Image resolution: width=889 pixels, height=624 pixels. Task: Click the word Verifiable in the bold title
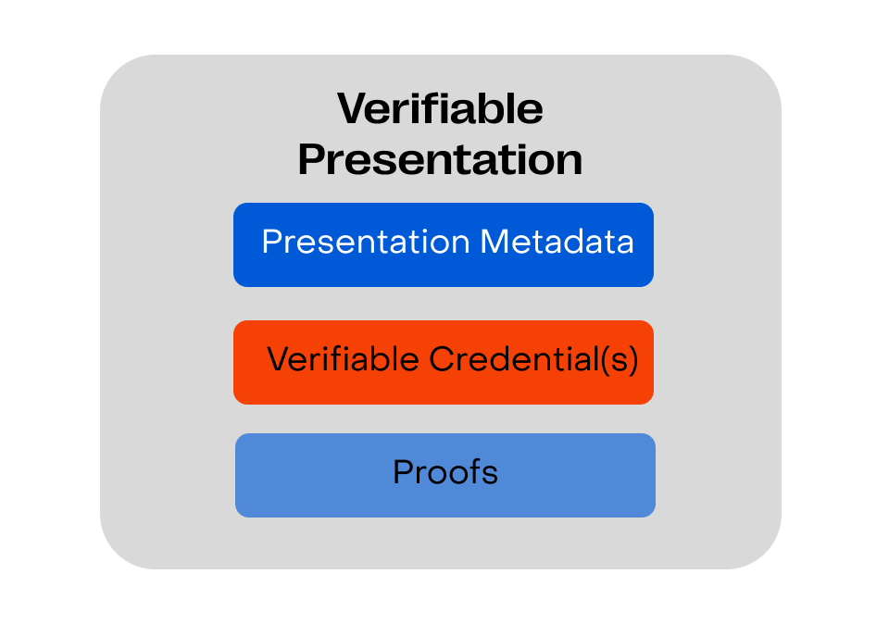[440, 108]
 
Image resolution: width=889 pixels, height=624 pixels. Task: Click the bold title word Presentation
[440, 159]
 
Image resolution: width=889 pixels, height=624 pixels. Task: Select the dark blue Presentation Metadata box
[444, 244]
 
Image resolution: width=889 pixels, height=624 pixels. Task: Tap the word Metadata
[557, 242]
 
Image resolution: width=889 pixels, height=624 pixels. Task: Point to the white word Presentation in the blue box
[367, 242]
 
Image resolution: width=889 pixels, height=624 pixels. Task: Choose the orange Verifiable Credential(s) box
[444, 362]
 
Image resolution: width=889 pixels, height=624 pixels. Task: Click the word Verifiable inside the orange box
[343, 359]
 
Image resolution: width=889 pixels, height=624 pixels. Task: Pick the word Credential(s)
[533, 359]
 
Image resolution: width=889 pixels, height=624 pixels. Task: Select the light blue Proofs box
[445, 475]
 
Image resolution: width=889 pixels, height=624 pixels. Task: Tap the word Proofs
[445, 471]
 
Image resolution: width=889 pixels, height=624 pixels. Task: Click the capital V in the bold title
[353, 108]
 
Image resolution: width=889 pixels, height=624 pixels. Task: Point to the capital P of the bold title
[311, 159]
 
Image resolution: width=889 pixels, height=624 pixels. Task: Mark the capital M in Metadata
[494, 242]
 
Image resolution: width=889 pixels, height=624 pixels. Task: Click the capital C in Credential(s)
[441, 359]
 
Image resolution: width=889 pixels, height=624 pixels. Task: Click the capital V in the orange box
[279, 359]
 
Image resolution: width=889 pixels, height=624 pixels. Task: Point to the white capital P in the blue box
[272, 242]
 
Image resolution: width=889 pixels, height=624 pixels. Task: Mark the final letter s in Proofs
[490, 476]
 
